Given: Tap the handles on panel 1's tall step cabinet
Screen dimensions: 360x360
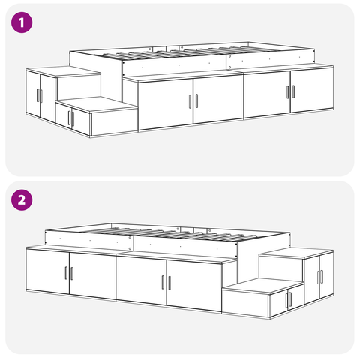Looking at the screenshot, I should click(x=39, y=96).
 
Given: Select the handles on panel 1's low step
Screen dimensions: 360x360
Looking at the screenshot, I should click(x=70, y=118).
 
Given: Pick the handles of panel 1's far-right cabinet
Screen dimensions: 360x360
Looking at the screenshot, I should click(x=290, y=91).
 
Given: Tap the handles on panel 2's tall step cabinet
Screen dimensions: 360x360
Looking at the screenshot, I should click(x=319, y=276).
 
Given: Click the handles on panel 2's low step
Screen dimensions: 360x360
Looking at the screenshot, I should click(x=288, y=299).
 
